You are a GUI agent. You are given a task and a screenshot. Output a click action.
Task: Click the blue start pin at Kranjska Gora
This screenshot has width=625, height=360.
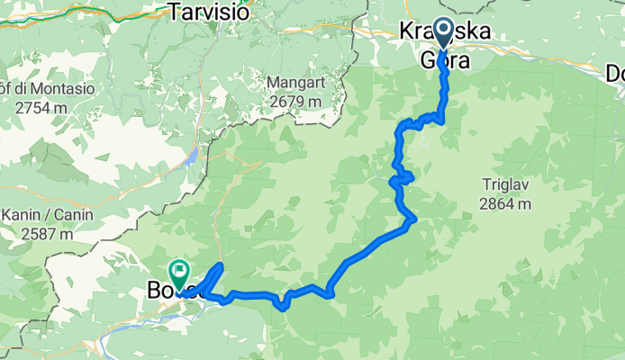tap(443, 32)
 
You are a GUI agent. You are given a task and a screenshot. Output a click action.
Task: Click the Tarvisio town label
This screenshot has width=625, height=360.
tap(202, 11)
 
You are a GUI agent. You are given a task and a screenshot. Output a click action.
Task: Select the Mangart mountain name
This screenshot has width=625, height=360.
tap(294, 83)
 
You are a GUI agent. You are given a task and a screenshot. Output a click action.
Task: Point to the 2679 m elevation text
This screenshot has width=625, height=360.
tap(294, 101)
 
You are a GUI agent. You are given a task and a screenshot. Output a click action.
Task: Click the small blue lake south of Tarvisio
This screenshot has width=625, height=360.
tap(191, 156)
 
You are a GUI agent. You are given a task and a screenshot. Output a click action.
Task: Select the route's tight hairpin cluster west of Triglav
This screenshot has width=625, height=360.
tap(401, 178)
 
